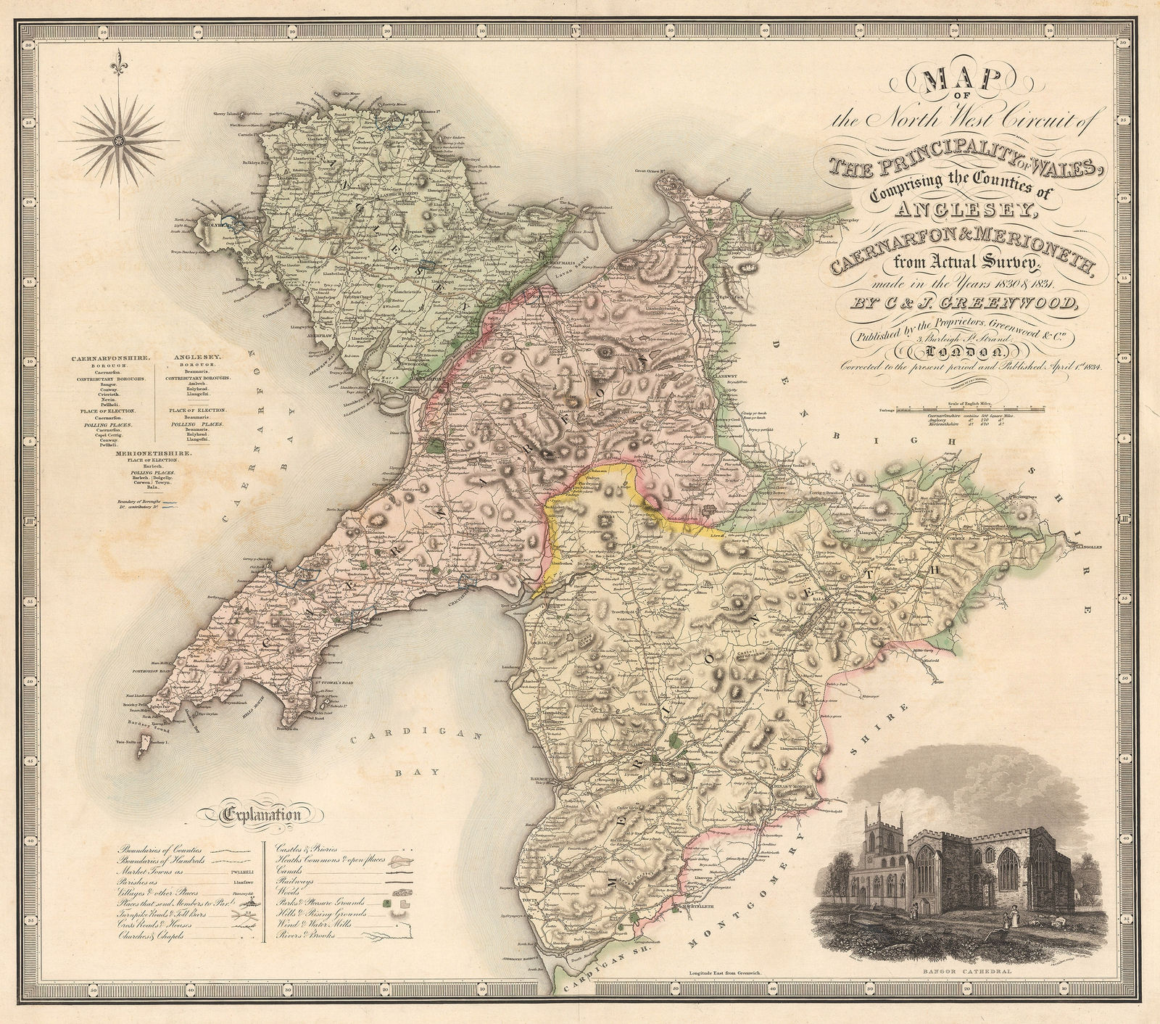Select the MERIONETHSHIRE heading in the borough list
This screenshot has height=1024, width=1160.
pyautogui.click(x=154, y=453)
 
